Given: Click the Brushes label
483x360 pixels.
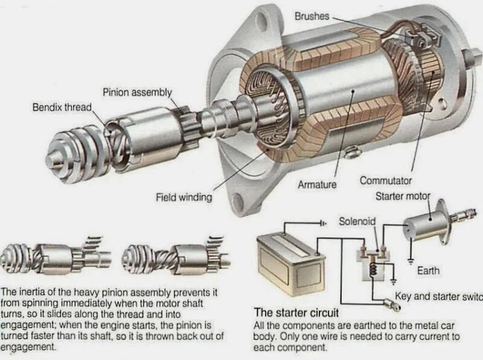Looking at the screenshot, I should click(312, 16).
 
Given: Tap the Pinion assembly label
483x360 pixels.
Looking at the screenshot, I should click(137, 92).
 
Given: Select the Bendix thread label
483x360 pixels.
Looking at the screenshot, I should click(62, 108).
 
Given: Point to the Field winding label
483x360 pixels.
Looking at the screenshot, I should click(184, 197).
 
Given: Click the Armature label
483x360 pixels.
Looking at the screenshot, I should click(317, 184).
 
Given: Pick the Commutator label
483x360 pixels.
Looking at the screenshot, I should click(385, 181).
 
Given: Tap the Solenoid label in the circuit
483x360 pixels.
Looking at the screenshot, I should click(357, 222).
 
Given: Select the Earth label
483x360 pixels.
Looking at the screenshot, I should click(428, 271).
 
